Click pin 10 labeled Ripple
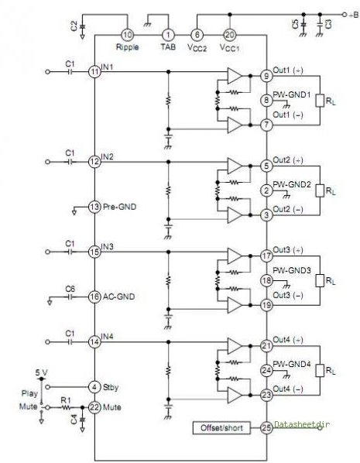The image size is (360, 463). [x=127, y=35]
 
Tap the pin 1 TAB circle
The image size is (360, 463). [x=168, y=35]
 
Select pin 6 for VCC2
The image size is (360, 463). [x=197, y=35]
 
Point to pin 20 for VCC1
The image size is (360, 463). [x=230, y=35]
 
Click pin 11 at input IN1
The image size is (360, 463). [x=94, y=72]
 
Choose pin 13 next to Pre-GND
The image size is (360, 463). [x=94, y=207]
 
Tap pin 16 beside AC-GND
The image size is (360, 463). [x=94, y=297]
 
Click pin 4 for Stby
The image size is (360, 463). [x=94, y=387]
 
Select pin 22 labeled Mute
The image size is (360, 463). [x=94, y=407]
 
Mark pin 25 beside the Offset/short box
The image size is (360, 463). [x=266, y=427]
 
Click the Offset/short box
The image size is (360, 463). [x=221, y=428]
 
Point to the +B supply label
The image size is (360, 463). [x=354, y=15]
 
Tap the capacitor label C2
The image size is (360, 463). [x=74, y=26]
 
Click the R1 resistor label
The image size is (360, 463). [x=66, y=400]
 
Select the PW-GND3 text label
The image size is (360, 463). [x=292, y=270]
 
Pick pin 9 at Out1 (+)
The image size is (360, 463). [x=266, y=76]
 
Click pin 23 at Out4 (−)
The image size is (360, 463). [x=266, y=395]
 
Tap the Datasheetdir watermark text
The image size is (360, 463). [x=302, y=424]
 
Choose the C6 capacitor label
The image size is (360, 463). [x=70, y=289]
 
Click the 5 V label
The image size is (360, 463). [x=41, y=372]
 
